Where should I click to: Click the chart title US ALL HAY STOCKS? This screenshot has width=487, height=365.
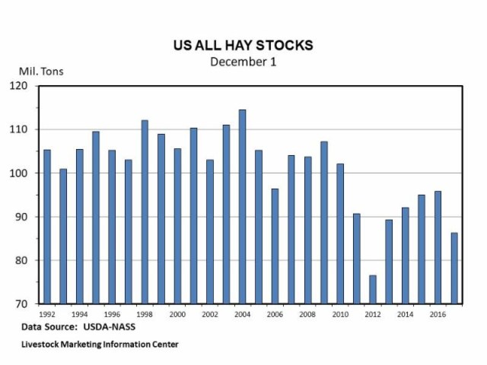click(x=243, y=46)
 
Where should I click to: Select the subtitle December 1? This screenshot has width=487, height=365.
click(x=243, y=61)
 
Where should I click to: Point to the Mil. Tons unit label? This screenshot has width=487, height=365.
click(x=37, y=72)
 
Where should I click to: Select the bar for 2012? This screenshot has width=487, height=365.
click(x=373, y=289)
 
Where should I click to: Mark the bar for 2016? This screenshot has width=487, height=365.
click(x=438, y=247)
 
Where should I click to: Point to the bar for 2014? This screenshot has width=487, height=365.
click(x=406, y=255)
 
